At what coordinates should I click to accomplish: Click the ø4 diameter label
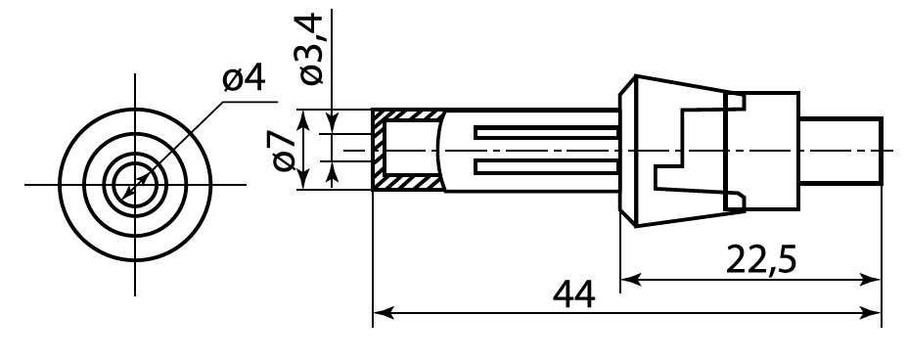point(244,78)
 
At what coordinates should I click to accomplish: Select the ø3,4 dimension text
point(310,50)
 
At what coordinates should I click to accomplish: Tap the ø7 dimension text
point(284,151)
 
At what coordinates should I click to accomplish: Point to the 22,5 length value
point(761,260)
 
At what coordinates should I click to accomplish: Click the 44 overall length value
point(573,294)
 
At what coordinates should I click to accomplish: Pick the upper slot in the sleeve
point(546,132)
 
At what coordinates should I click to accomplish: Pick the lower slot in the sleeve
point(546,166)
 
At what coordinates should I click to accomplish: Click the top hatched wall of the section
point(408,114)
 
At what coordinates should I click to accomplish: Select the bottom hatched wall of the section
point(407,183)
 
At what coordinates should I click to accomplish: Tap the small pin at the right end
point(840,151)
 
